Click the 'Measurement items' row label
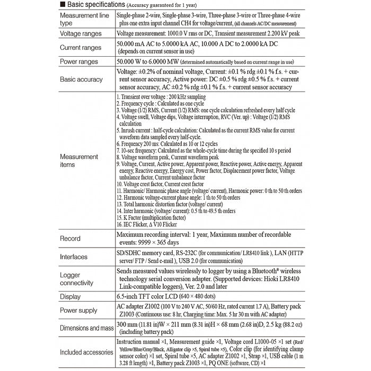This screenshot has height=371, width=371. (x=79, y=161)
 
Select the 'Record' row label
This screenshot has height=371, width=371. (x=70, y=238)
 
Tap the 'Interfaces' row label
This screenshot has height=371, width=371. (x=74, y=257)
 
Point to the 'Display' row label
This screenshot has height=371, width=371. (x=71, y=297)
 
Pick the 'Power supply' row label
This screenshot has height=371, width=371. (x=79, y=311)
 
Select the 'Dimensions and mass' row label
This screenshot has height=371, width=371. (x=85, y=328)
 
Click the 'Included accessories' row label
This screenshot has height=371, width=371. (x=85, y=352)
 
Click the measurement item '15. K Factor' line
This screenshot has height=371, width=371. (x=151, y=217)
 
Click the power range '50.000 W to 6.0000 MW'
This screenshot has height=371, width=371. (x=150, y=62)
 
